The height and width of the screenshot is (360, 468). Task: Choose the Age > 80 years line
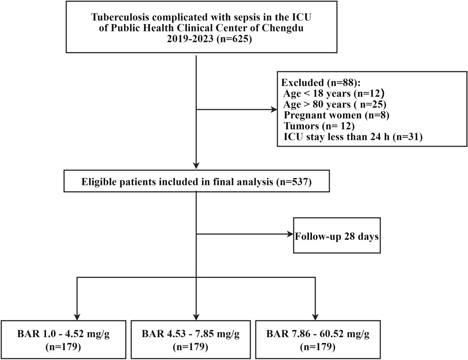[335, 105]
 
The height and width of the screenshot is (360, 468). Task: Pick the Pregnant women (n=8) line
[336, 115]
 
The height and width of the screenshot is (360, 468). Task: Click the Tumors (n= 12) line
[319, 126]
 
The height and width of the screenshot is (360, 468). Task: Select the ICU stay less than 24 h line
[353, 137]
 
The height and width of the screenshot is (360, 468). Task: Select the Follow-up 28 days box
[337, 236]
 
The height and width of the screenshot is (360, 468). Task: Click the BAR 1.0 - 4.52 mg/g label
[63, 334]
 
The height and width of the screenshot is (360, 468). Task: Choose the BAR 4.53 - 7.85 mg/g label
[190, 334]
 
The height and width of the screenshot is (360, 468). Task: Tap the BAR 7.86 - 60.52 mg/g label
[318, 334]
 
